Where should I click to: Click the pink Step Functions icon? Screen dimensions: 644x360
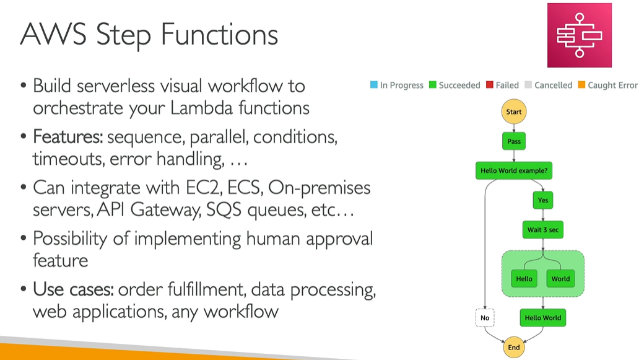pos(579,35)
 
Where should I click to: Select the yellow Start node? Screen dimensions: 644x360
pos(514,112)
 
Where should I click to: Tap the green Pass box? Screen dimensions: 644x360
pos(514,141)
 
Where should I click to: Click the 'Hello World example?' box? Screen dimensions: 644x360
pos(514,170)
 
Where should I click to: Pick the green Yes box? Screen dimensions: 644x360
pos(542,200)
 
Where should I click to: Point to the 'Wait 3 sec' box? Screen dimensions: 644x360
pos(542,230)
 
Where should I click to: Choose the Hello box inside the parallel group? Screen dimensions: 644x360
pos(524,279)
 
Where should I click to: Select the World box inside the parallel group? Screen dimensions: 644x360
pos(560,279)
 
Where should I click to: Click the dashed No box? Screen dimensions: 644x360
pos(485,318)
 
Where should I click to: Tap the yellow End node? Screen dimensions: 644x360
pos(514,347)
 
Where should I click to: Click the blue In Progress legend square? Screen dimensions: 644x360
pos(373,86)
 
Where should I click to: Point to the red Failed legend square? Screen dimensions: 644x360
pos(489,86)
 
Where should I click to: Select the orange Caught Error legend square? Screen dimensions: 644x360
pos(581,86)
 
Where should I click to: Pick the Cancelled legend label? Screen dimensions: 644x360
pos(553,86)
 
